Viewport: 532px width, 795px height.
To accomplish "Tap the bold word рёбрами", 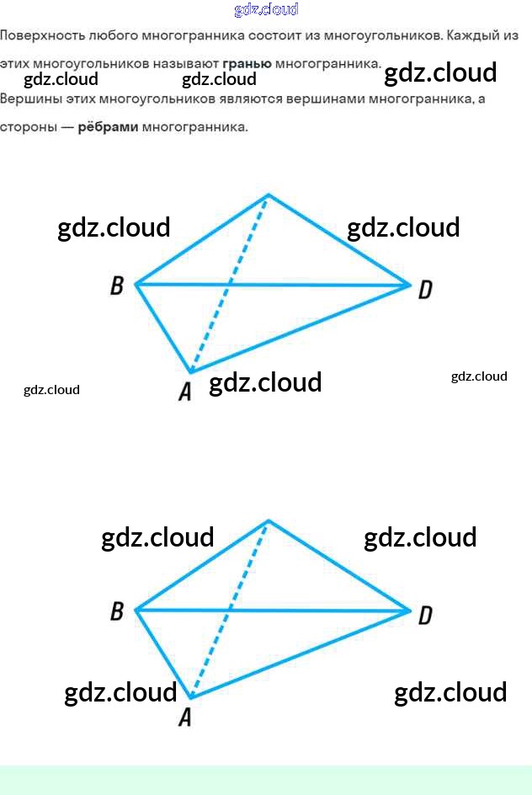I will pyautogui.click(x=109, y=128).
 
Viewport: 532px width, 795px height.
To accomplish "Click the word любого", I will pyautogui.click(x=112, y=36).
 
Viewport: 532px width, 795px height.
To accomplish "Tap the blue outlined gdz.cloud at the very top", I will pyautogui.click(x=266, y=10).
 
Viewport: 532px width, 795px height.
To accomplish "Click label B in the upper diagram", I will pyautogui.click(x=117, y=286).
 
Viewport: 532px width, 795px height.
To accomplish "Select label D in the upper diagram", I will pyautogui.click(x=425, y=290).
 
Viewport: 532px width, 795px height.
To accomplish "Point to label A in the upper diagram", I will pyautogui.click(x=185, y=392).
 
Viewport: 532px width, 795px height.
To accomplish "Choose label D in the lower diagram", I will pyautogui.click(x=425, y=616).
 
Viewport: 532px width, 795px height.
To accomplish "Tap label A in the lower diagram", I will pyautogui.click(x=185, y=717).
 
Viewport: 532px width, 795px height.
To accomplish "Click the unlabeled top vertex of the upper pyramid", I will pyautogui.click(x=269, y=195).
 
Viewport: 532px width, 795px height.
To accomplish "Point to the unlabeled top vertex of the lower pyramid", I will pyautogui.click(x=269, y=521).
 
